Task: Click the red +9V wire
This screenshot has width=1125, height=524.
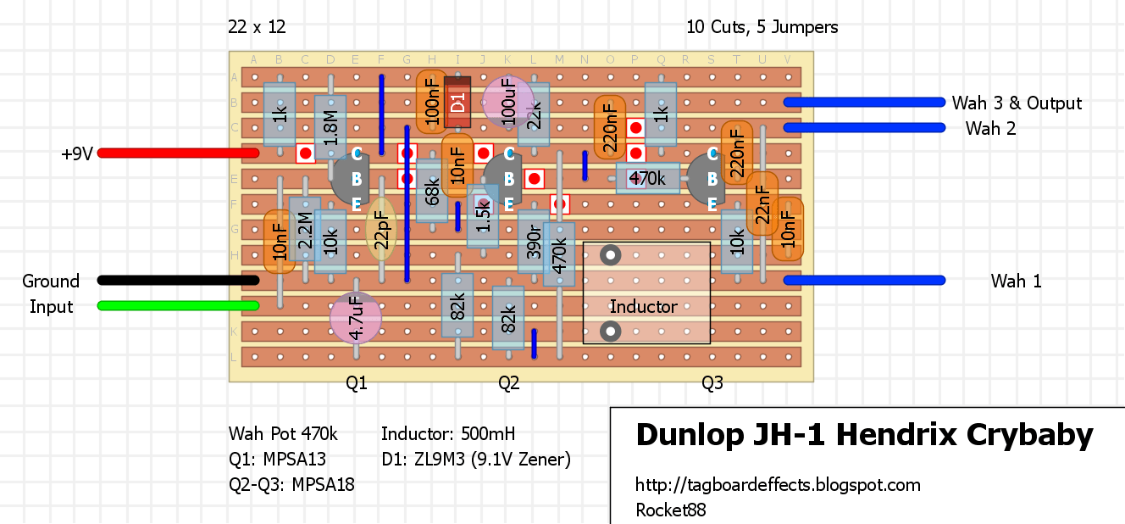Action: click(x=178, y=153)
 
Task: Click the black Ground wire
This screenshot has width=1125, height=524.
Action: click(x=178, y=280)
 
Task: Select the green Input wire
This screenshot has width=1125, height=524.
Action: click(x=178, y=306)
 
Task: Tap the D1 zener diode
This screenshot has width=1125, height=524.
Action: click(x=457, y=102)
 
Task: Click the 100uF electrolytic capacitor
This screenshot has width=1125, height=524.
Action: click(x=508, y=102)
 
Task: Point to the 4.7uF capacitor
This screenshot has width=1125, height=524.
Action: click(x=356, y=318)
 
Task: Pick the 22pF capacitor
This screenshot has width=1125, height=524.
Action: click(x=381, y=229)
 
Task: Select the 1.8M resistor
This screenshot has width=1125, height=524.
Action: click(x=330, y=128)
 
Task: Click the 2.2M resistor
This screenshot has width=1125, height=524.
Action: click(x=305, y=229)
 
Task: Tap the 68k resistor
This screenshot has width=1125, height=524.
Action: click(x=432, y=191)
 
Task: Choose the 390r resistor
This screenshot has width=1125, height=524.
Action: click(x=534, y=242)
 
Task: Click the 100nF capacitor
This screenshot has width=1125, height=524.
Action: click(x=432, y=102)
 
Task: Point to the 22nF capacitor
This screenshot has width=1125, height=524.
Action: click(x=762, y=203)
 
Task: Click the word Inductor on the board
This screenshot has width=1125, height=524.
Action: click(x=643, y=306)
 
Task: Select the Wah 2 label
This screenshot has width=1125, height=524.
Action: click(x=990, y=128)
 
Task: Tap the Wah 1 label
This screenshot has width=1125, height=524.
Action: click(x=1016, y=281)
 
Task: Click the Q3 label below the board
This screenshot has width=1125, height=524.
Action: click(x=712, y=383)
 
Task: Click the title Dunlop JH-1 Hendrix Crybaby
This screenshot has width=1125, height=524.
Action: click(x=864, y=435)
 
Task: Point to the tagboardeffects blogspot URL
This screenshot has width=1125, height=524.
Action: click(x=778, y=485)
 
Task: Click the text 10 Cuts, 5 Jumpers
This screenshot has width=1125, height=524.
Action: click(x=762, y=26)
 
